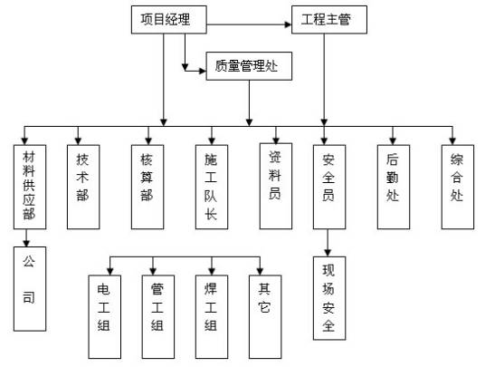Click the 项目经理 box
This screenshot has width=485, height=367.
pos(165,19)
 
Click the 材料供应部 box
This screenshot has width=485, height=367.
pos(28,187)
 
